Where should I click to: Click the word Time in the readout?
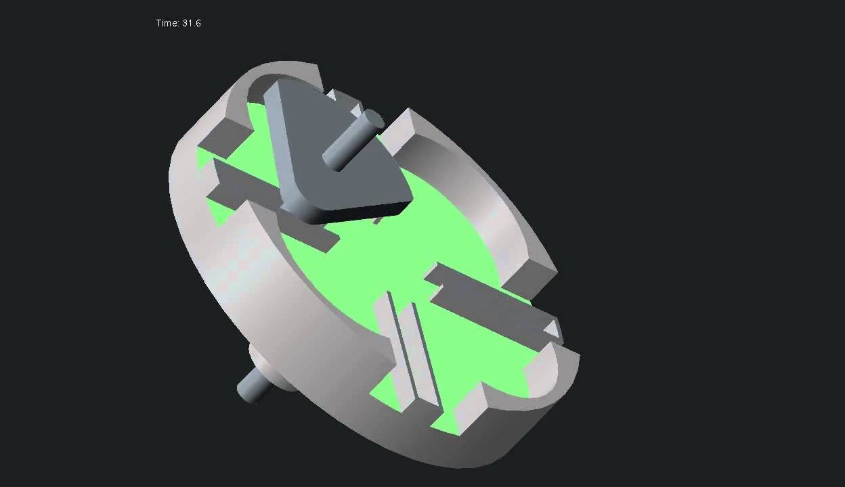[167, 24]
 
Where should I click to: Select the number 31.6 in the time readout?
[192, 24]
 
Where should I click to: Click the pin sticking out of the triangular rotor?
[353, 140]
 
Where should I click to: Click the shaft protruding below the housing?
[252, 386]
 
